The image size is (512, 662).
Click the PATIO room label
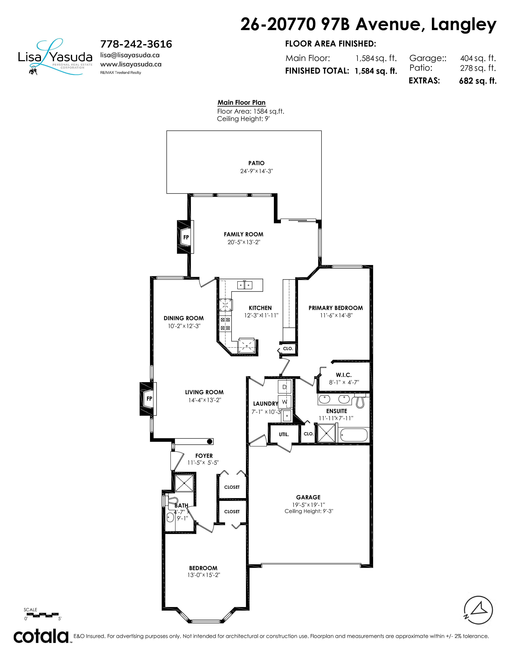tap(256, 163)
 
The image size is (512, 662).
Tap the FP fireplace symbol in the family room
tap(186, 237)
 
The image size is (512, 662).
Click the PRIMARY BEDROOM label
tap(336, 308)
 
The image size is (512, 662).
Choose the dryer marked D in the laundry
tap(285, 387)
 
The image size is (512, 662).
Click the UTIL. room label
tap(284, 434)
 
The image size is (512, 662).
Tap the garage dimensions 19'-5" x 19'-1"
tap(308, 505)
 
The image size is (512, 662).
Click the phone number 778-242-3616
tap(136, 44)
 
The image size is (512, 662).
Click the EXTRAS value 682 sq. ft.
tap(478, 81)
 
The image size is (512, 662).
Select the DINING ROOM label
tap(184, 318)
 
